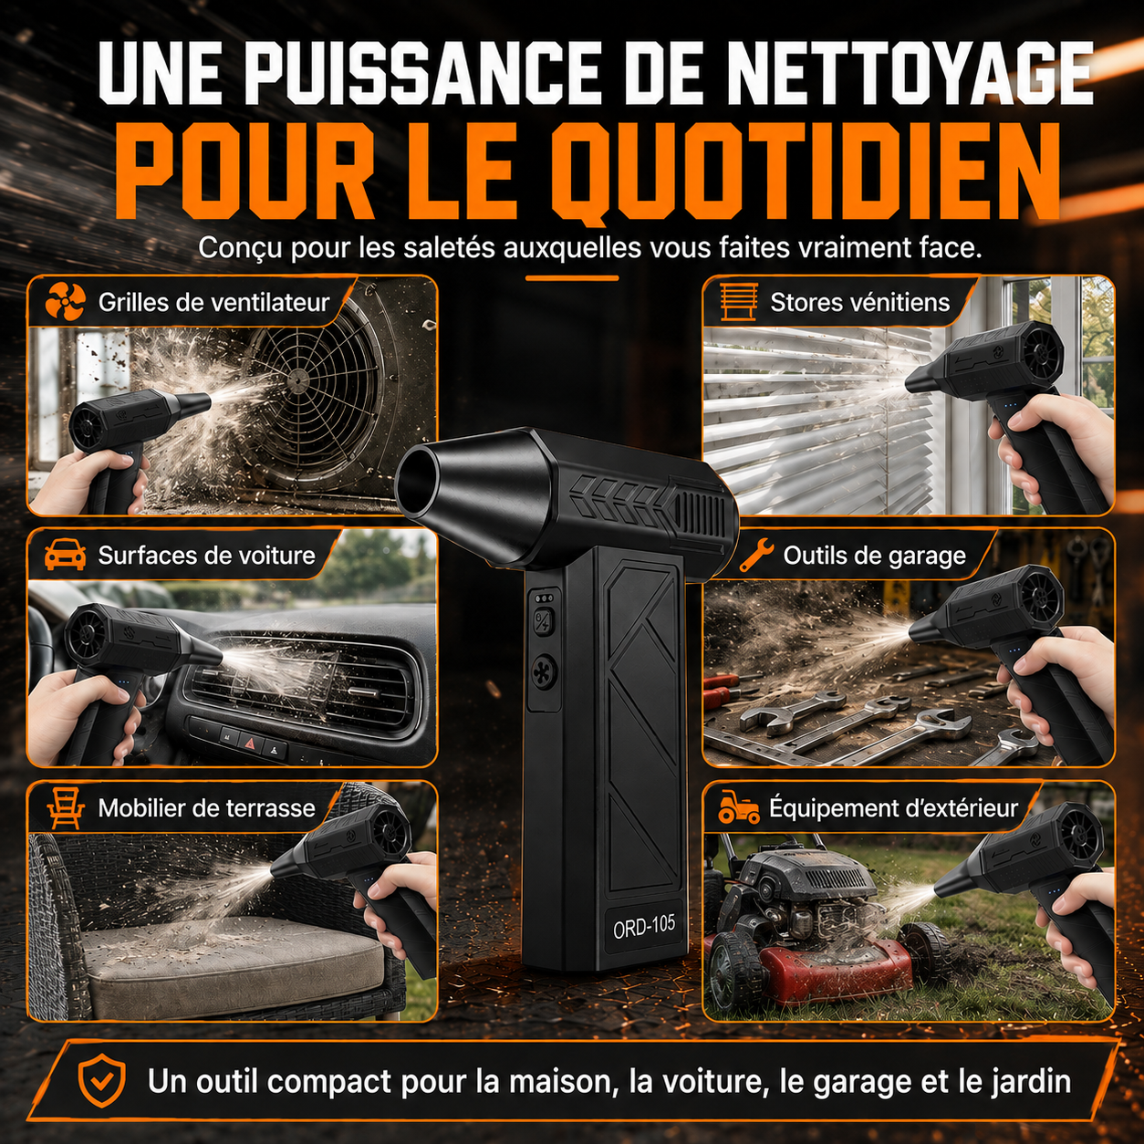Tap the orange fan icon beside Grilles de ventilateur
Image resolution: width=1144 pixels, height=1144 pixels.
pyautogui.click(x=66, y=301)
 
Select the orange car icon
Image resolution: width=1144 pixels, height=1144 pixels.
pyautogui.click(x=66, y=555)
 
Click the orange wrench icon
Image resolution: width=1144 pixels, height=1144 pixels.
pyautogui.click(x=756, y=555)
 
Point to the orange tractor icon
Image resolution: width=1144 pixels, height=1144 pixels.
pyautogui.click(x=739, y=806)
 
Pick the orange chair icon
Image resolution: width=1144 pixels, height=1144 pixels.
pyautogui.click(x=66, y=808)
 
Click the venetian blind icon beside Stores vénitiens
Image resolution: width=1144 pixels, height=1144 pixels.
pyautogui.click(x=739, y=302)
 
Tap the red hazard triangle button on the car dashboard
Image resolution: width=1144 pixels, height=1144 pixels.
pyautogui.click(x=250, y=742)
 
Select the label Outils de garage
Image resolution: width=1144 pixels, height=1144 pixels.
pyautogui.click(x=874, y=556)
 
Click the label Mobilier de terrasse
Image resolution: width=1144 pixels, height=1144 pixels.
pyautogui.click(x=206, y=808)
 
